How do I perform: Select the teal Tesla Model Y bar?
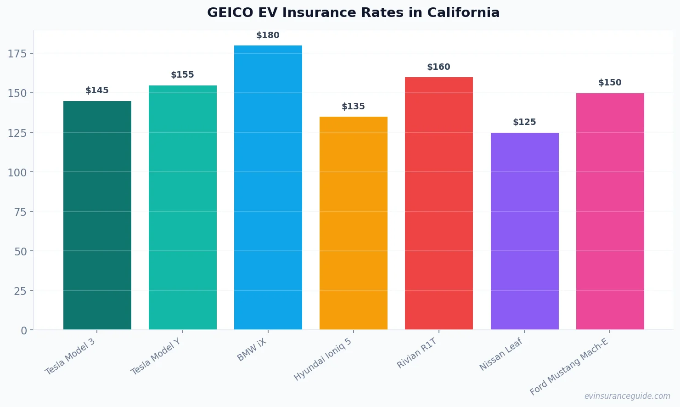point(183,207)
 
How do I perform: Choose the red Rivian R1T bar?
point(439,203)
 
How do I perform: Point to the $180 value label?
point(268,35)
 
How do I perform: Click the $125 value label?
point(524,122)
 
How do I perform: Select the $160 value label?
point(438,67)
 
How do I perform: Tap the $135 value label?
point(353,107)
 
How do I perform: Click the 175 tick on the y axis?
point(17,54)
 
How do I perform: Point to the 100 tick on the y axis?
point(17,172)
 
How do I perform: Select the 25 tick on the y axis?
point(20,291)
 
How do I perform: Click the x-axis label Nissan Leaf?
point(501,354)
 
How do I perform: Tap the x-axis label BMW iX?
point(252,350)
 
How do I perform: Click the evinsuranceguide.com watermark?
point(627,396)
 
